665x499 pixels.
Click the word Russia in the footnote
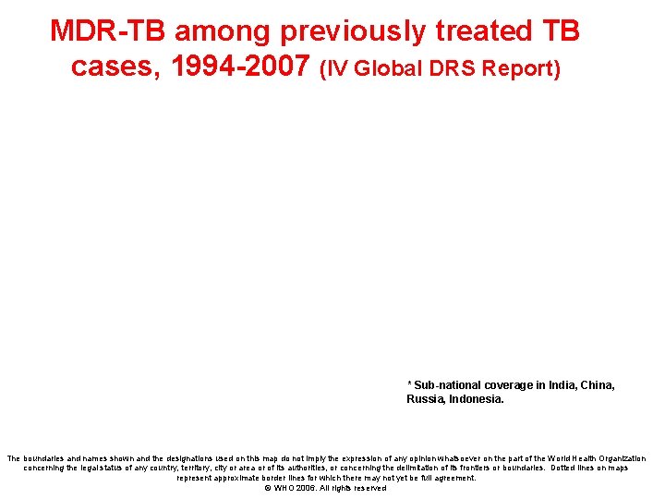426,399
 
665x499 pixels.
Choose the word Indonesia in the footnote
478,399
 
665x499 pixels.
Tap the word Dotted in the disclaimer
567,468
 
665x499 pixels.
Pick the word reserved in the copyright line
367,488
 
